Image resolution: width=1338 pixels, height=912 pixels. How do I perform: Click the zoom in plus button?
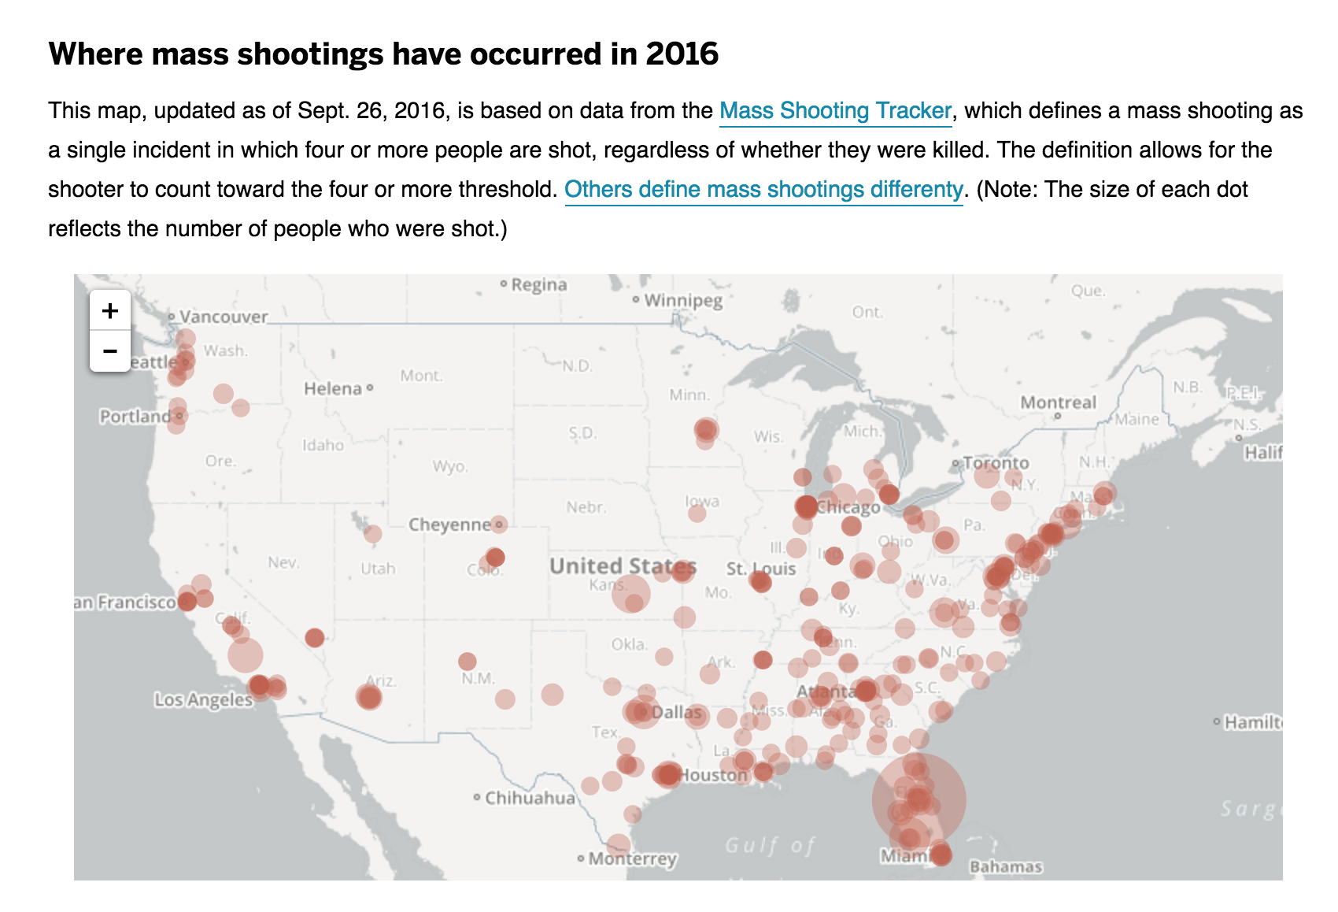[x=110, y=311]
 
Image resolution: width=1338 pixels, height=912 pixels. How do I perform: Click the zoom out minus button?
[x=110, y=351]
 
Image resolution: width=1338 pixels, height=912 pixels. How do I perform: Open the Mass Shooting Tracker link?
[x=835, y=111]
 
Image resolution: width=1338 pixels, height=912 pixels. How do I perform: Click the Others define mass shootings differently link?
[x=763, y=190]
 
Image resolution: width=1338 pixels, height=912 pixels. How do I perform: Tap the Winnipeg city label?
[x=682, y=300]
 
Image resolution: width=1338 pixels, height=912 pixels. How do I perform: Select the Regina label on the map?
[x=538, y=284]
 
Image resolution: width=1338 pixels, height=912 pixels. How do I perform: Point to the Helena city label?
[x=333, y=388]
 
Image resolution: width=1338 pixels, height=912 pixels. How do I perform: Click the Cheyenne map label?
[x=450, y=525]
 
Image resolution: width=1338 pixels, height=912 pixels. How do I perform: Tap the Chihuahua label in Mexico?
[x=530, y=798]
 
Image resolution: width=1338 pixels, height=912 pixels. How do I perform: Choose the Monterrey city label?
[x=632, y=858]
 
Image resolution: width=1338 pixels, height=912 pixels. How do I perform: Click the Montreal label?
[x=1058, y=402]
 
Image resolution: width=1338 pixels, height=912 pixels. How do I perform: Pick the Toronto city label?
[x=996, y=463]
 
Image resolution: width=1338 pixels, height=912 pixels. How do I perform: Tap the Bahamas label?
[x=1006, y=867]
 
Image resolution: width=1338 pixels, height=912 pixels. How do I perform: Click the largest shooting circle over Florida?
[x=918, y=800]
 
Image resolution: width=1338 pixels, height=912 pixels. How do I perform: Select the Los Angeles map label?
[x=203, y=699]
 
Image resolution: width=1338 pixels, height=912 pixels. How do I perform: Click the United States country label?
[x=623, y=565]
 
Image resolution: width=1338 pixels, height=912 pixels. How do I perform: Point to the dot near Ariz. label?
[x=368, y=697]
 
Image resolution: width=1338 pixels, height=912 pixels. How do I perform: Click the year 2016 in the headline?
[x=682, y=54]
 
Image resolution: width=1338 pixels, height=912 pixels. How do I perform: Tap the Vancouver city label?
[x=224, y=317]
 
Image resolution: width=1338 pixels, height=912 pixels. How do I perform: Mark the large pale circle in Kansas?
[x=631, y=593]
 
